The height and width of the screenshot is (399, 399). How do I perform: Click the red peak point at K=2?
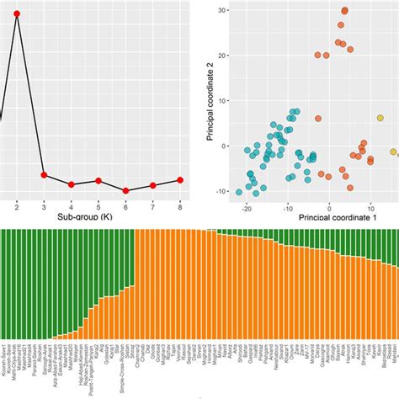click(17, 14)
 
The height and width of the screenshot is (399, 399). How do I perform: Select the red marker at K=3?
click(44, 175)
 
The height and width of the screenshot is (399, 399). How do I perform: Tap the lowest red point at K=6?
click(126, 191)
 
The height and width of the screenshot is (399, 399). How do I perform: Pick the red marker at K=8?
click(181, 179)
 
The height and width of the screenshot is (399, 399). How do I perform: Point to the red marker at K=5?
click(98, 181)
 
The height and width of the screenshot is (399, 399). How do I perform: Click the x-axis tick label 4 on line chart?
click(72, 206)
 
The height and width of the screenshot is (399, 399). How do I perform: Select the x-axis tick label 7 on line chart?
click(153, 206)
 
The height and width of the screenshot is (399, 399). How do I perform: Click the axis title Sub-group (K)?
click(98, 218)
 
